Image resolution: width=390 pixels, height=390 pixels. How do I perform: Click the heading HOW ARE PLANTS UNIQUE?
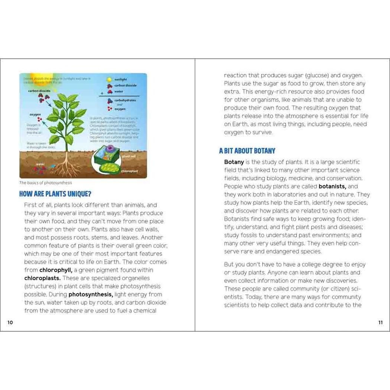point(55,194)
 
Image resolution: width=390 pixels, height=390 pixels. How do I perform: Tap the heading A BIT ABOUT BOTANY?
point(247,151)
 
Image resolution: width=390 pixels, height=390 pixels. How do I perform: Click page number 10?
point(10,322)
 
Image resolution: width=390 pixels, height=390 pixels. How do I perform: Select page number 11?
point(380,322)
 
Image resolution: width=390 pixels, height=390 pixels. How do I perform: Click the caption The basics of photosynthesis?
point(46,183)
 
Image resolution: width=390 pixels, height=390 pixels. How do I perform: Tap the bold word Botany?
point(234,162)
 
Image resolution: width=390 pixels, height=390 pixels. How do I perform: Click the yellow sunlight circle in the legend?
point(109,79)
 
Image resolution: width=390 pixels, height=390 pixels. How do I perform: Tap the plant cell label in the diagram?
point(129,156)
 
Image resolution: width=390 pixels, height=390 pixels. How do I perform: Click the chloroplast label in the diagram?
point(129,171)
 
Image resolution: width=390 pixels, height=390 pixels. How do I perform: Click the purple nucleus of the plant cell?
point(110,149)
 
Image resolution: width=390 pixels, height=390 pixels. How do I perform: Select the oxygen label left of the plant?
point(35,114)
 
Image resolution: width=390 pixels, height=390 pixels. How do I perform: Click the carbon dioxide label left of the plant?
point(39,90)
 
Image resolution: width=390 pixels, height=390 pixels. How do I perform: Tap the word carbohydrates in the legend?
point(125,100)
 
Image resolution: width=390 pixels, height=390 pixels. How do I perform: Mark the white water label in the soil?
point(40,164)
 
